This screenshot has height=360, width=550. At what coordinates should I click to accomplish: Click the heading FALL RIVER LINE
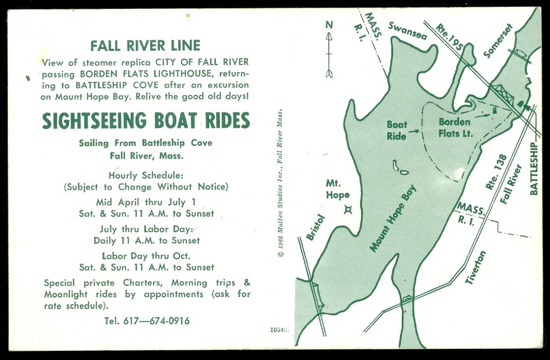(146, 46)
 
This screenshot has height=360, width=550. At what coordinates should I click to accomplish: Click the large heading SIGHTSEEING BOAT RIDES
(146, 121)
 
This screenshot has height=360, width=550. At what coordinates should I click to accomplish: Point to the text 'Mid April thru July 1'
(146, 202)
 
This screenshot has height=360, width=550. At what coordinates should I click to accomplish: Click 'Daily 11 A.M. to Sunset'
(147, 240)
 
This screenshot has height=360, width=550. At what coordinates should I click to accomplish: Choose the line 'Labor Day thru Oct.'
(146, 256)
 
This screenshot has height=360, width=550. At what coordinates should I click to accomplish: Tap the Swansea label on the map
(408, 30)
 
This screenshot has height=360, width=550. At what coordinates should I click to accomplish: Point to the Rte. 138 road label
(494, 172)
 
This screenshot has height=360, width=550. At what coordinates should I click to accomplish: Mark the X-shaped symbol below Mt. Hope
(347, 210)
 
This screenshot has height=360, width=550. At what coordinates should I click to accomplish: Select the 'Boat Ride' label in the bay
(396, 130)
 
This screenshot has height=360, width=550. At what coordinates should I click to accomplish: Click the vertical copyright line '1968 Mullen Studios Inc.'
(280, 184)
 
